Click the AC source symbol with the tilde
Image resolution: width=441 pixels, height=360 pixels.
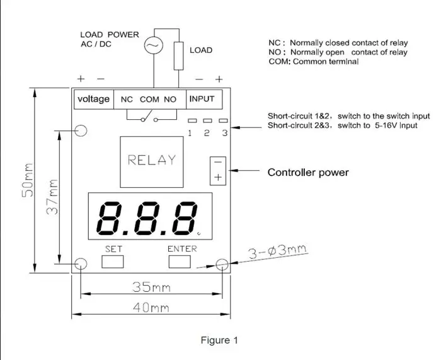click(x=154, y=45)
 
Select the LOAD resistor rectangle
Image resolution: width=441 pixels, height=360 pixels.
click(x=178, y=55)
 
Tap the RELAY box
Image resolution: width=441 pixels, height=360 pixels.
click(x=152, y=162)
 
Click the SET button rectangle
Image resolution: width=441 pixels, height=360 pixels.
click(x=113, y=262)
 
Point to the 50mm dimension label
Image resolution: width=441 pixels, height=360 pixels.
click(x=28, y=180)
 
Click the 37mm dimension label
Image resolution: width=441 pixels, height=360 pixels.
click(x=52, y=197)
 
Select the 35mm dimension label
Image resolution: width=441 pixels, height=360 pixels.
click(x=151, y=287)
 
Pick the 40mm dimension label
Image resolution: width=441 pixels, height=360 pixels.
click(x=151, y=308)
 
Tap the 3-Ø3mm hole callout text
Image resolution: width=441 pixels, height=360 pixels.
click(x=278, y=252)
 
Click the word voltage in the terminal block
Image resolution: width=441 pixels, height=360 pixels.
click(x=94, y=99)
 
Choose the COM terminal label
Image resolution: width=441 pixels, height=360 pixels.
click(x=149, y=100)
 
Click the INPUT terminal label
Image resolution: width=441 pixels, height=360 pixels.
click(x=202, y=99)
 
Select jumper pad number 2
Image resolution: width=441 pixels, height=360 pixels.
click(x=207, y=121)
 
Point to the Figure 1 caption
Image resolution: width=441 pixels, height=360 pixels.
click(x=219, y=340)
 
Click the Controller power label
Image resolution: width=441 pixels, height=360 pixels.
click(x=308, y=172)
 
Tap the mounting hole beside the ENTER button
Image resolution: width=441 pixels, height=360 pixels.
click(x=222, y=264)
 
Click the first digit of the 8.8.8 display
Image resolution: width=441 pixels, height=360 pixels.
click(x=109, y=218)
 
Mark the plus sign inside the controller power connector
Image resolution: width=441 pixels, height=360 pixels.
click(x=218, y=177)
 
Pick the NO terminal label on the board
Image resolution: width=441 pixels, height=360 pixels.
click(x=170, y=100)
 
